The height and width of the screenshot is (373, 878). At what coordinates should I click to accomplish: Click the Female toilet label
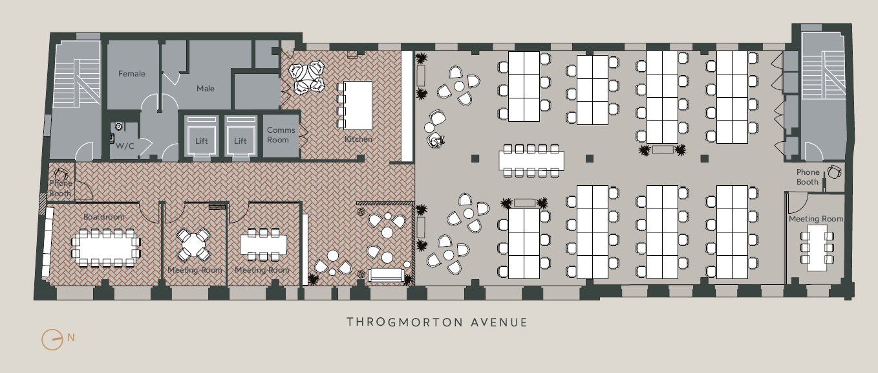(132, 74)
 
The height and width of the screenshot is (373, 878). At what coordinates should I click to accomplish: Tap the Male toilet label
(206, 89)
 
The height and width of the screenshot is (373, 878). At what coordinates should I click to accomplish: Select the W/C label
(125, 146)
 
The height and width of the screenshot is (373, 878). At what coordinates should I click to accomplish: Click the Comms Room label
(281, 135)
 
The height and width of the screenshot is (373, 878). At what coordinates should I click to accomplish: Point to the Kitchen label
(358, 139)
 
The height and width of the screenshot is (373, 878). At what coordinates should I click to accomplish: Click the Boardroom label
(104, 217)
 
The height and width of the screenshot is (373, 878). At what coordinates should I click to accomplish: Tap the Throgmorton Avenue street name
(438, 322)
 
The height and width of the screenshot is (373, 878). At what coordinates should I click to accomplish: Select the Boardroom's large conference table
(106, 249)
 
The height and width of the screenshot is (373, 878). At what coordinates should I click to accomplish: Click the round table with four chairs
(193, 244)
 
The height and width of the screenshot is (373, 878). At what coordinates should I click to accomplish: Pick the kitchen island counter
(358, 105)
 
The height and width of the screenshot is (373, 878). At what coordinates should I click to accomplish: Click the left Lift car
(202, 135)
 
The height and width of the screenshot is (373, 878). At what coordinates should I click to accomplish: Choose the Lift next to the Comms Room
(241, 135)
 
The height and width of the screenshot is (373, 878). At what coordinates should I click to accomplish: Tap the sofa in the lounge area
(386, 275)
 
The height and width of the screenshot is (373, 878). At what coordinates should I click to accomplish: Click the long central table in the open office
(531, 161)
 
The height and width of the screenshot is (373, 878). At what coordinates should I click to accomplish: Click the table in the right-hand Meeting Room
(817, 248)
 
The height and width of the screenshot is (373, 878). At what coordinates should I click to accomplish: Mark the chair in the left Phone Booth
(61, 174)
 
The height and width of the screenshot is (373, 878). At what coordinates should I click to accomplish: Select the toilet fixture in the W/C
(119, 126)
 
